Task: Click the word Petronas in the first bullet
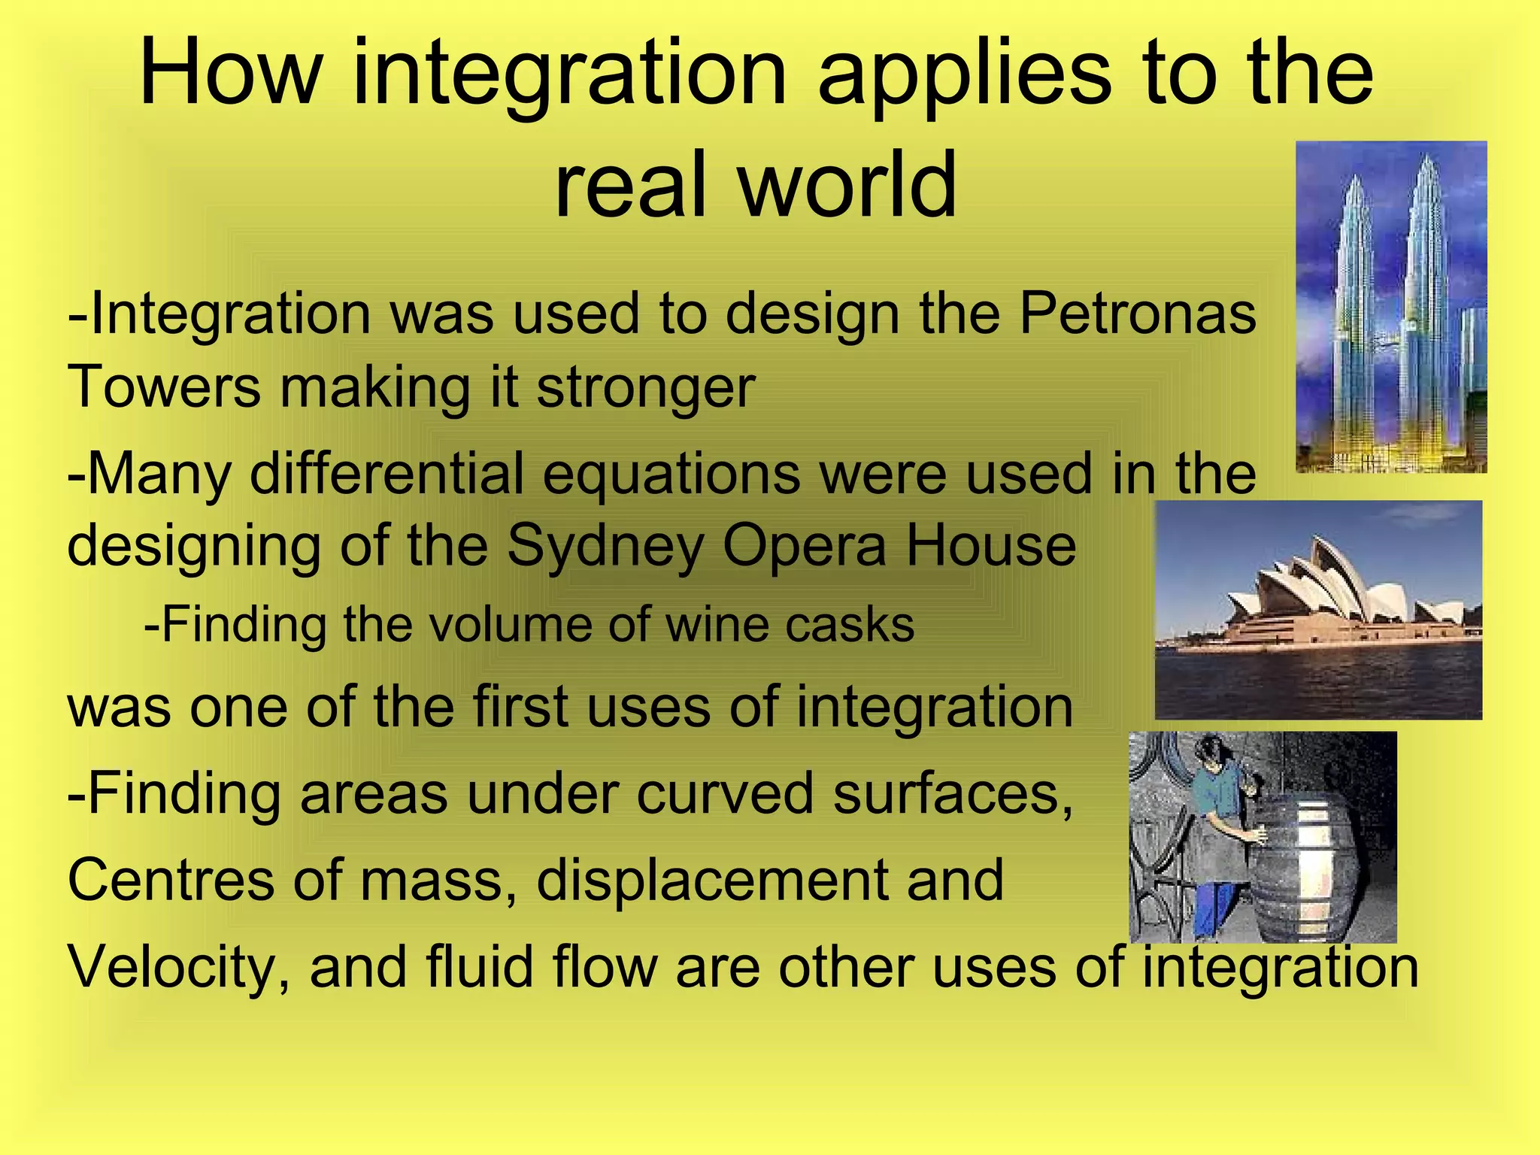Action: [1137, 314]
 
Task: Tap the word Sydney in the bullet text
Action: [605, 546]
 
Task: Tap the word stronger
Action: [645, 388]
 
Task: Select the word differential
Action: [387, 474]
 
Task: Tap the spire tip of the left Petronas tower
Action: [1354, 177]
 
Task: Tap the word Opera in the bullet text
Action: [805, 546]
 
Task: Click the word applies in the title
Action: [964, 73]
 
